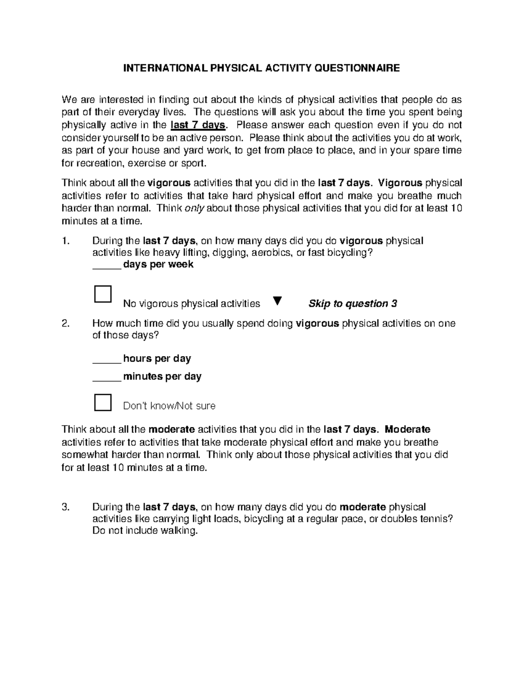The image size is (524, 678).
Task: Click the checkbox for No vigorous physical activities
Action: pyautogui.click(x=103, y=294)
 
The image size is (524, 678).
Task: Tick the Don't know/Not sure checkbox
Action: pyautogui.click(x=103, y=402)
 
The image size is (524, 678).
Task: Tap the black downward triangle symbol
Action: pyautogui.click(x=277, y=301)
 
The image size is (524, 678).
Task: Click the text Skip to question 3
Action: pyautogui.click(x=352, y=304)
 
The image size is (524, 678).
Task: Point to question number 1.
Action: pyautogui.click(x=65, y=241)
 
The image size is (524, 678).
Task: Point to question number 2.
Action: pyautogui.click(x=65, y=324)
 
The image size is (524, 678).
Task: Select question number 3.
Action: pyautogui.click(x=65, y=507)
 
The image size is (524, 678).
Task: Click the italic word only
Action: pyautogui.click(x=194, y=208)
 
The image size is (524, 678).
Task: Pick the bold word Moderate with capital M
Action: pyautogui.click(x=408, y=429)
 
